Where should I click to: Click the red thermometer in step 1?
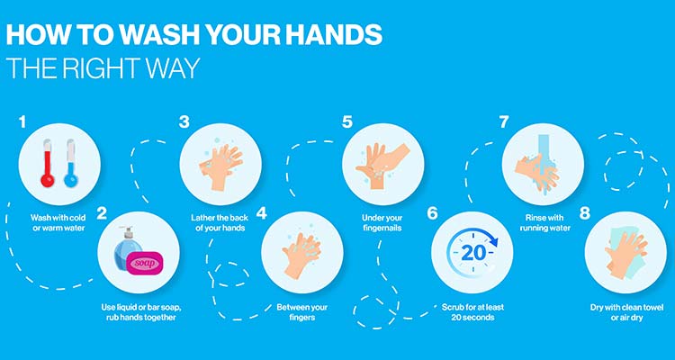[x=48, y=165]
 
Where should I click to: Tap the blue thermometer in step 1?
[x=70, y=165]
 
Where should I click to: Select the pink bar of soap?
[x=145, y=263]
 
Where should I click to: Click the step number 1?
[x=22, y=121]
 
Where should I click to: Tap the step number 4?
[x=261, y=213]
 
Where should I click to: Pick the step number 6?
[x=433, y=213]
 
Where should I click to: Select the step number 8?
[x=585, y=213]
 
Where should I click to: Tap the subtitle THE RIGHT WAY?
[x=103, y=68]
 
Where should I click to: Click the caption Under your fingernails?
[x=382, y=222]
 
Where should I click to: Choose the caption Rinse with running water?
[x=545, y=222]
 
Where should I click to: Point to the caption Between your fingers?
[x=301, y=312]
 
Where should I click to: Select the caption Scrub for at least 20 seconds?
[x=472, y=312]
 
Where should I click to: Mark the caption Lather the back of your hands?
[x=220, y=222]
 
